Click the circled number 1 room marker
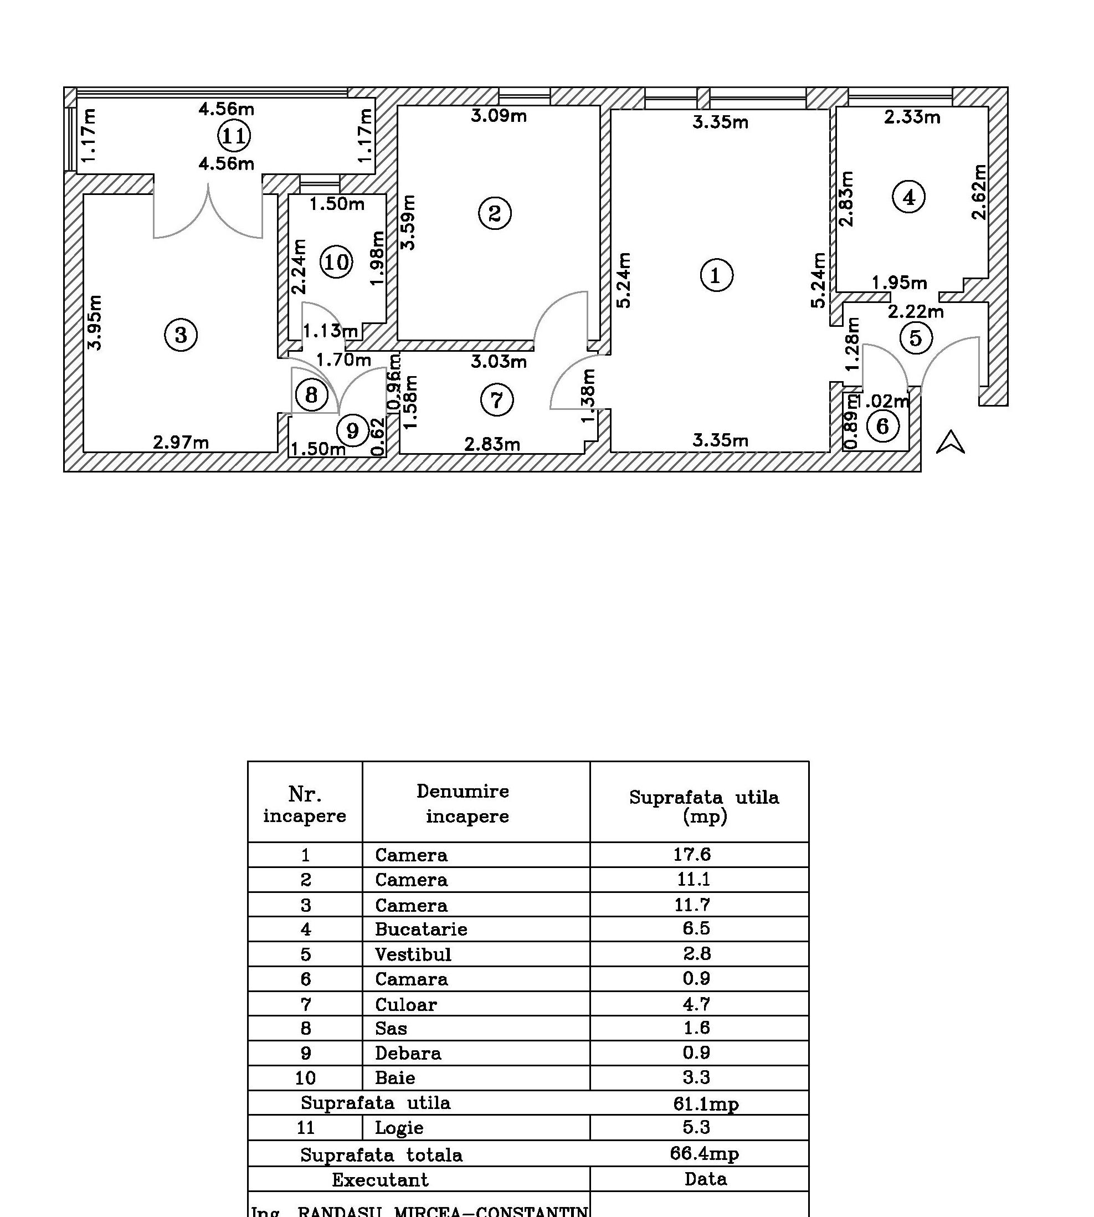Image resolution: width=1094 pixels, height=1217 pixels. pos(716,275)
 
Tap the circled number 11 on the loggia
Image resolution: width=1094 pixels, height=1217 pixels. pos(233,136)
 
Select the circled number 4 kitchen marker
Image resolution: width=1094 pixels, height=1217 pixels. pos(908,197)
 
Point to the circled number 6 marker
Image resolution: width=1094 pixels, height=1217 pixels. pos(882,426)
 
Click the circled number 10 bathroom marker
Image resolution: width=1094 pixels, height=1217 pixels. pos(336,262)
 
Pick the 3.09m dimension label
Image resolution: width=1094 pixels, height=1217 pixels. pos(499,116)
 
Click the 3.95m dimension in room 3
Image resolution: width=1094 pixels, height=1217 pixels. pos(95,322)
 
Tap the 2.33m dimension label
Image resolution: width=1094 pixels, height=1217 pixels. pos(912,117)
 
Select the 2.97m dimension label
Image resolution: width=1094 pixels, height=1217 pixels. pos(181,443)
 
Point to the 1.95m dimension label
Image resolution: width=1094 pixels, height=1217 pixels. pos(899,283)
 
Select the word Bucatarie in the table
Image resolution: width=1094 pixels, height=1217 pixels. pos(421,929)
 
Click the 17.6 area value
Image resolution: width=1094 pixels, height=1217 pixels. pos(692,854)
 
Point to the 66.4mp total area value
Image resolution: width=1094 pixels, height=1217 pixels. pos(704,1153)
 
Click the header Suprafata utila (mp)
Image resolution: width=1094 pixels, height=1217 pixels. pos(704,805)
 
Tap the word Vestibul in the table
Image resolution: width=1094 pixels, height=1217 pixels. pos(413,954)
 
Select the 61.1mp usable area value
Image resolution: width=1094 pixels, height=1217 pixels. pos(706,1103)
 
